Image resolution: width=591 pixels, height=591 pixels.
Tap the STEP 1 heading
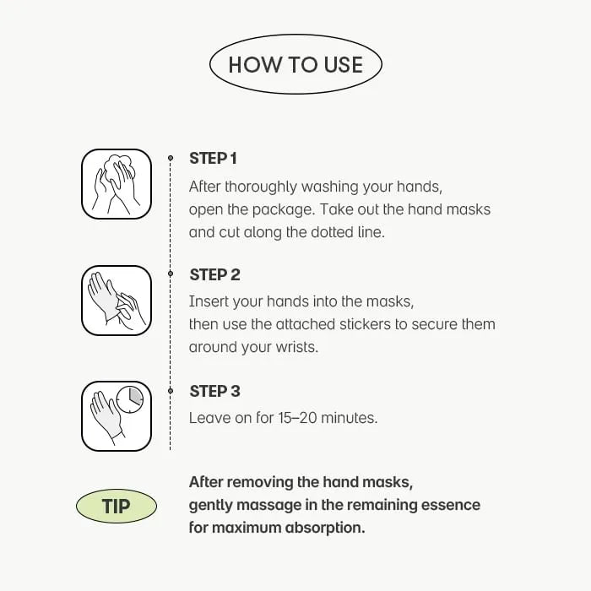pyautogui.click(x=213, y=159)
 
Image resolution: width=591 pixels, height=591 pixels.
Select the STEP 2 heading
pyautogui.click(x=214, y=274)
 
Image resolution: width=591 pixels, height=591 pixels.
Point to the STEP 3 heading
pyautogui.click(x=214, y=391)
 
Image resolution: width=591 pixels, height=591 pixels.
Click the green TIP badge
pyautogui.click(x=117, y=506)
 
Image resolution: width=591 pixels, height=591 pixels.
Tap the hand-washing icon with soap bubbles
pyautogui.click(x=117, y=184)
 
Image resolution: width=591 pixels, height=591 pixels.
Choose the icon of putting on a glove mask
pyautogui.click(x=117, y=301)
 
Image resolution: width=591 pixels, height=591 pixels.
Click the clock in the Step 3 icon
pyautogui.click(x=130, y=399)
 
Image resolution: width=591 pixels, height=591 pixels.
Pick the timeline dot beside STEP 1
pyautogui.click(x=171, y=158)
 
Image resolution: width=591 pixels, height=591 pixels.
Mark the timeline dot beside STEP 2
pyautogui.click(x=171, y=274)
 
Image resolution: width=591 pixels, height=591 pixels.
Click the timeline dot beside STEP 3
pyautogui.click(x=171, y=391)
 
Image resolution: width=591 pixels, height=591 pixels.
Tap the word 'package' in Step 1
pyautogui.click(x=283, y=210)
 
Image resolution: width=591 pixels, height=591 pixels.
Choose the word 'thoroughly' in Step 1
pyautogui.click(x=261, y=187)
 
